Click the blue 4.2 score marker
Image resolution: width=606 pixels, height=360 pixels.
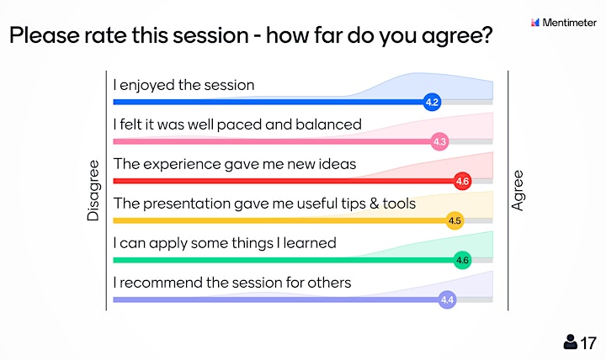click(x=432, y=102)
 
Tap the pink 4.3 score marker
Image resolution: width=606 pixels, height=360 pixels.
click(x=439, y=141)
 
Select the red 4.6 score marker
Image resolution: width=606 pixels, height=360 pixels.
click(x=462, y=181)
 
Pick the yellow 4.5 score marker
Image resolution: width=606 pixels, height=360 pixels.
click(x=454, y=220)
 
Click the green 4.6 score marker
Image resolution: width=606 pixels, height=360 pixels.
click(x=462, y=260)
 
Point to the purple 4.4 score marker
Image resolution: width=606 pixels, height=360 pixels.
click(x=447, y=299)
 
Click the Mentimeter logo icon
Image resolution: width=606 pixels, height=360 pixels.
click(x=535, y=23)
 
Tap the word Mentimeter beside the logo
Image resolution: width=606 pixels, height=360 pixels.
click(x=569, y=23)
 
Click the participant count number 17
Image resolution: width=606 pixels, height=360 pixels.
click(x=588, y=343)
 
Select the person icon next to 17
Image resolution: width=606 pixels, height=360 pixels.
click(x=570, y=341)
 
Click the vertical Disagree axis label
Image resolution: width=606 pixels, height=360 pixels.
click(x=93, y=190)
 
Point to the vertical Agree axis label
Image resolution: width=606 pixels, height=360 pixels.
click(x=518, y=190)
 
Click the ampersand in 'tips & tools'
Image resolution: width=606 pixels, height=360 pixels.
click(x=374, y=204)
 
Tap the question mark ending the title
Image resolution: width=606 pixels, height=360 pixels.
click(x=487, y=34)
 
